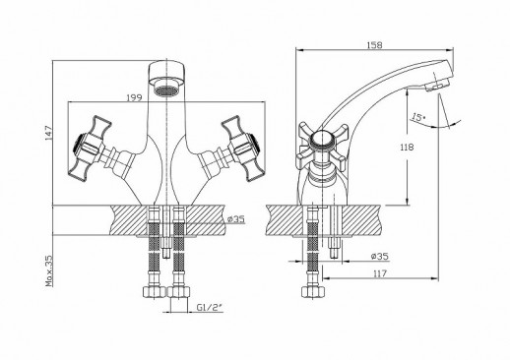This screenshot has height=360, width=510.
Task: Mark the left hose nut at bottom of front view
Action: click(153, 291)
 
